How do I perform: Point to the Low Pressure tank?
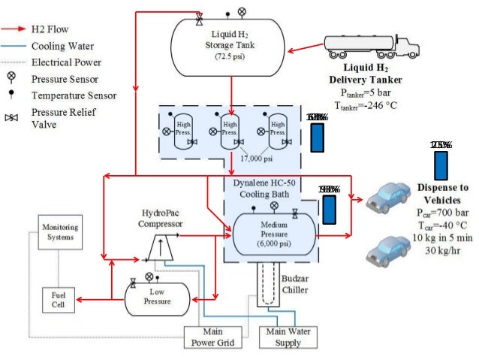point(158,298)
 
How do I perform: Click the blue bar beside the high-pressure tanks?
point(318,136)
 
